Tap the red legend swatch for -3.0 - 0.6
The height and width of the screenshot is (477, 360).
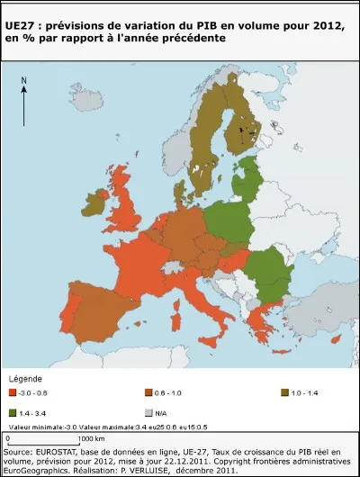pos(12,392)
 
